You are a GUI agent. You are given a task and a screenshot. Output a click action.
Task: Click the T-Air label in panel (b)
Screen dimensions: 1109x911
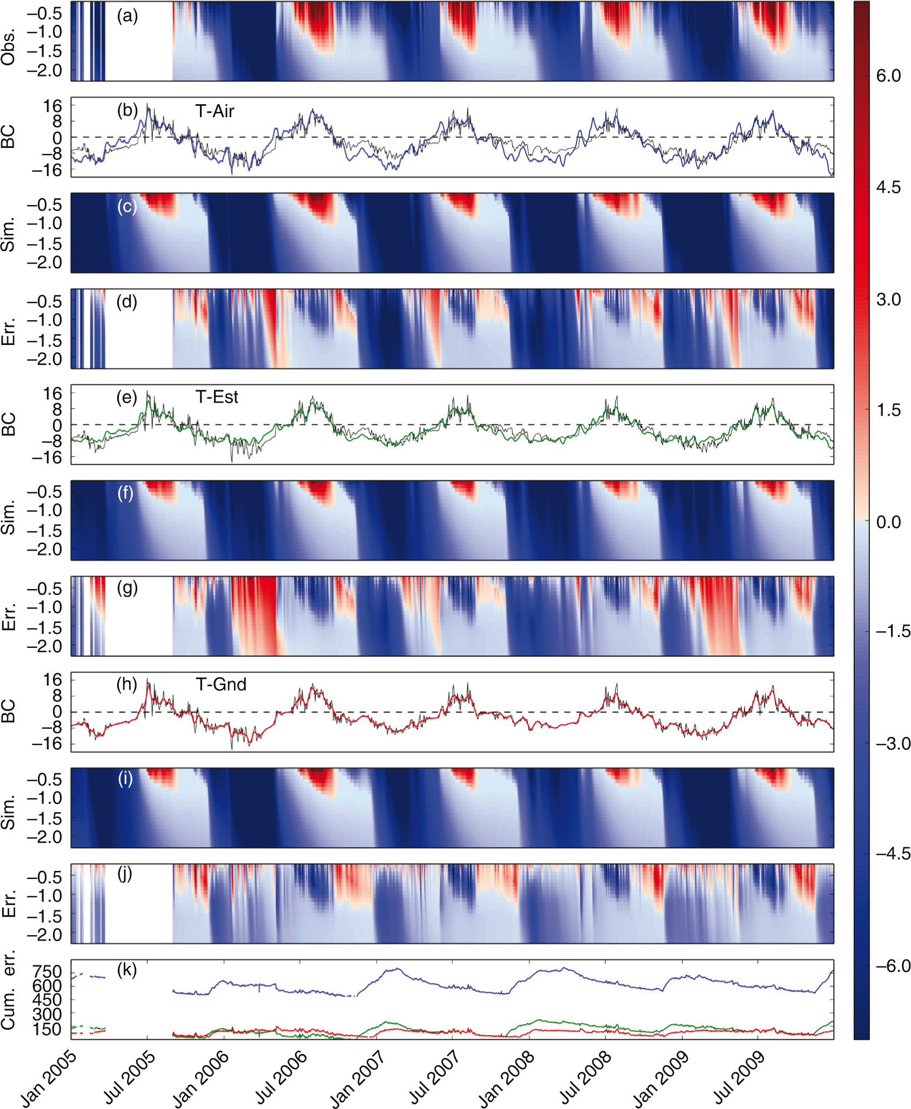(215, 111)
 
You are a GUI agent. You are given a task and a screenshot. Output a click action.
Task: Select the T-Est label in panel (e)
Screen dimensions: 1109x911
(217, 397)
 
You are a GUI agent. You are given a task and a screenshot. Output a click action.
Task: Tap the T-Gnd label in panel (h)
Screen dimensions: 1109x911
(221, 685)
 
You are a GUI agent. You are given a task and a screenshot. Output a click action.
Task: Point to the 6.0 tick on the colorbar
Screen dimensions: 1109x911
(888, 76)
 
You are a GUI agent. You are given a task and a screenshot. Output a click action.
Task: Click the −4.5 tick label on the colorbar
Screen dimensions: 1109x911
(892, 854)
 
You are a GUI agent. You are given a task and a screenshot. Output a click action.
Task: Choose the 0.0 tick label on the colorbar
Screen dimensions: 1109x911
(888, 522)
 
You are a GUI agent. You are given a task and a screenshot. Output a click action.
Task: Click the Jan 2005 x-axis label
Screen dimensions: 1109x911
(49, 1079)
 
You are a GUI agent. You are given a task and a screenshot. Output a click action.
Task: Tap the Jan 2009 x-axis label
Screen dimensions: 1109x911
(661, 1079)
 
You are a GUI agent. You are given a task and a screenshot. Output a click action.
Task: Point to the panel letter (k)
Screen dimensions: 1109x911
(127, 970)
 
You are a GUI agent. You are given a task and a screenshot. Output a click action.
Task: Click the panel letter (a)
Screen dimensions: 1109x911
(128, 16)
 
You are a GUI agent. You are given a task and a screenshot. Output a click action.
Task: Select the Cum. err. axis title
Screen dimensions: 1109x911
(8, 991)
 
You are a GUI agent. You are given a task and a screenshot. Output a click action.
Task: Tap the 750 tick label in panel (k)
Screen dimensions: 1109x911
(47, 972)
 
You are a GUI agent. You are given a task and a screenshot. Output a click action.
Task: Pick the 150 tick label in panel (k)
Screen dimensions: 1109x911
(47, 1029)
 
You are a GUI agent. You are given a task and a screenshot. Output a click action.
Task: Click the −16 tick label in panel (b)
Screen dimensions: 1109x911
(46, 171)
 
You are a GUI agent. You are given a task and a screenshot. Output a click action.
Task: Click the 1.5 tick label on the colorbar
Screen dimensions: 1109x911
(888, 410)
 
